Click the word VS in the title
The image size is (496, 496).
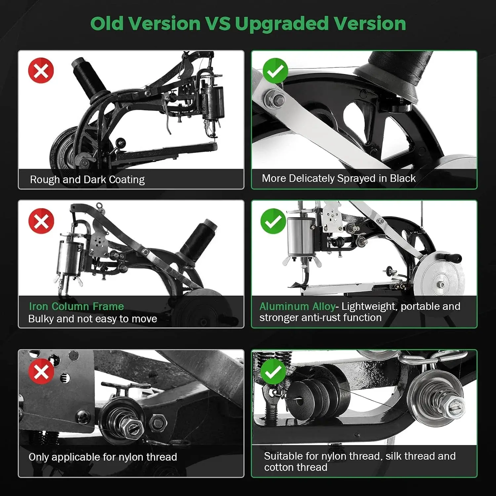point(218,24)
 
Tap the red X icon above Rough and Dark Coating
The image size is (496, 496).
point(41,70)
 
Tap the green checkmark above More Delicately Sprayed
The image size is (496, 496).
point(275,71)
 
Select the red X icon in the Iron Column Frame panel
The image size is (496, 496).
point(41,221)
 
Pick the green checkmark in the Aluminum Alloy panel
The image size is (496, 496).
point(273,221)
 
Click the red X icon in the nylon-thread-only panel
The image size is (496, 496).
point(41,371)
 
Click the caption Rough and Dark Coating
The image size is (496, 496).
point(87,180)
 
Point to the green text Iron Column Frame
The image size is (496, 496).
point(76,306)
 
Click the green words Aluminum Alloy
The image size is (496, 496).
point(297,307)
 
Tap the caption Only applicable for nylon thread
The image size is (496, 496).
point(103,457)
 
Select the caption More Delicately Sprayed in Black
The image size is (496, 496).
point(339,178)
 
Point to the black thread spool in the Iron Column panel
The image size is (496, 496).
point(198,239)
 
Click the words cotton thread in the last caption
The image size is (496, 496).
point(296,467)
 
